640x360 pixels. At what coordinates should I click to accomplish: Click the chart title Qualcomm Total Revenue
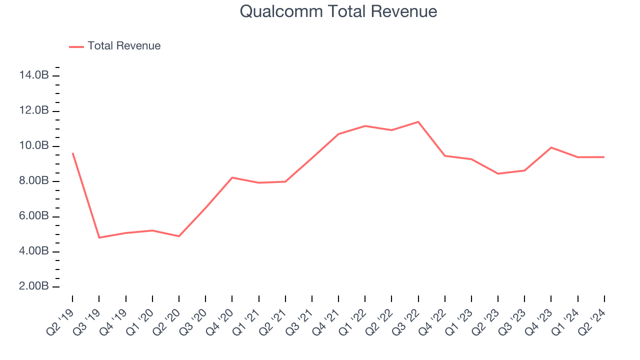[x=338, y=11]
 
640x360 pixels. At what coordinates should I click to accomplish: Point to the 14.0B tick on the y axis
[x=34, y=75]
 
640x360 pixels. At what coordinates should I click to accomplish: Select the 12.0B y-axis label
[x=34, y=110]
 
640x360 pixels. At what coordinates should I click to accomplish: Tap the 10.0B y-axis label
[x=34, y=146]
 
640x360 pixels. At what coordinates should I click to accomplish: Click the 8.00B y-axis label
[x=34, y=181]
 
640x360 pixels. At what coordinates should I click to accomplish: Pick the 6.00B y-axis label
[x=34, y=216]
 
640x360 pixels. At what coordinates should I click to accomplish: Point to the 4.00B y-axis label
[x=34, y=251]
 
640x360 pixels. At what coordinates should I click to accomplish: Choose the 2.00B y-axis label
[x=34, y=287]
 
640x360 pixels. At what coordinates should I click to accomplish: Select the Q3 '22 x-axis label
[x=406, y=320]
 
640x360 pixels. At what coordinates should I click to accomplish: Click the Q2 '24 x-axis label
[x=592, y=320]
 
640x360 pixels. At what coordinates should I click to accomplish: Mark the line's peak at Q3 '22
[x=418, y=121]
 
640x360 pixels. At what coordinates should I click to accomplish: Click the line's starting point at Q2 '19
[x=72, y=153]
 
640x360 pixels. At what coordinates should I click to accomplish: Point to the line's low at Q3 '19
[x=99, y=237]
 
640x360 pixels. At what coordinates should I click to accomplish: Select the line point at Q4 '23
[x=551, y=147]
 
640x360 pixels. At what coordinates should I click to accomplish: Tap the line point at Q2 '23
[x=498, y=173]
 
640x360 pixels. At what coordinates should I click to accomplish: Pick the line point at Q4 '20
[x=232, y=177]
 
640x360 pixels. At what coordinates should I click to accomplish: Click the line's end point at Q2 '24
[x=604, y=157]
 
